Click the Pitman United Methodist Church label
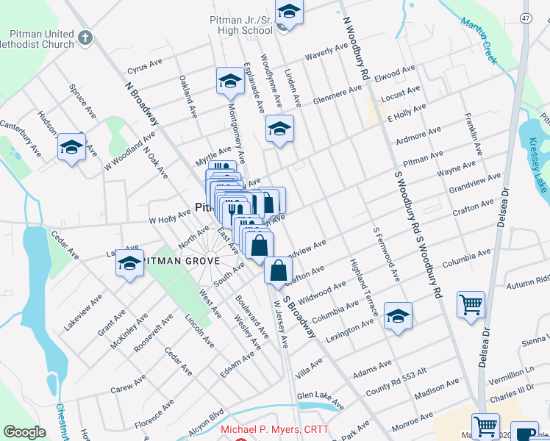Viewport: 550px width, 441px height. (x=42, y=39)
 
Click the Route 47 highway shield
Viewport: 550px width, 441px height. (x=526, y=18)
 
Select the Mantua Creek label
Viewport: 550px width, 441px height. (x=479, y=35)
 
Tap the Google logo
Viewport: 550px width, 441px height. (x=24, y=432)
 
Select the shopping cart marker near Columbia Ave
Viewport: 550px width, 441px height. (x=470, y=304)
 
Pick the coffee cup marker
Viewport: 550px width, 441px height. (x=526, y=434)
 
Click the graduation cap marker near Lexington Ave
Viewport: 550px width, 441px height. (x=398, y=316)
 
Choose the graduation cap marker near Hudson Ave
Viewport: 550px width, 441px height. (x=71, y=147)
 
